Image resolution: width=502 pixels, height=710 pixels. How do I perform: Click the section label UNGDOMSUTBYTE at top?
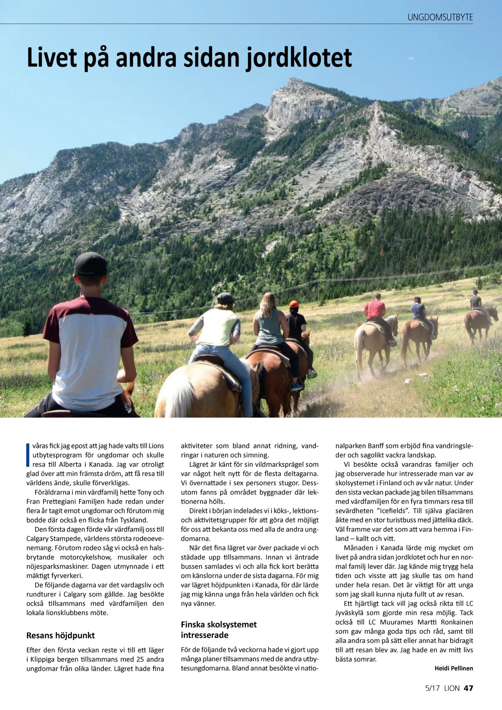pos(440,18)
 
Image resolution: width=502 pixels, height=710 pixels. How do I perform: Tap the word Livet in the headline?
pos(52,58)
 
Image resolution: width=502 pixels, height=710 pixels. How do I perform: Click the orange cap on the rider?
pos(294,304)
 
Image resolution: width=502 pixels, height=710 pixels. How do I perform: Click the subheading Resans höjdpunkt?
pos(60,635)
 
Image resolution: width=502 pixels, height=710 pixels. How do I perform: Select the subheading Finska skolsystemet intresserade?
pos(218,630)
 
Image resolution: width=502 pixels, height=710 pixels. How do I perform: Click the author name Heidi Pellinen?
pos(453,668)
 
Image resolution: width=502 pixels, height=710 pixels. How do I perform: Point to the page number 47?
pos(469,688)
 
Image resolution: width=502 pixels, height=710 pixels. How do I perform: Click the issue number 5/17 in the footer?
pos(432,688)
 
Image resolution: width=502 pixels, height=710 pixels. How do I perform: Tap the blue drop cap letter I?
pos(28,455)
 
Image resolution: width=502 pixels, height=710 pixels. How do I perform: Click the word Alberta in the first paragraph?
pos(70,464)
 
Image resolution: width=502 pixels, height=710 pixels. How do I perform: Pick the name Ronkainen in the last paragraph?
pos(457,622)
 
